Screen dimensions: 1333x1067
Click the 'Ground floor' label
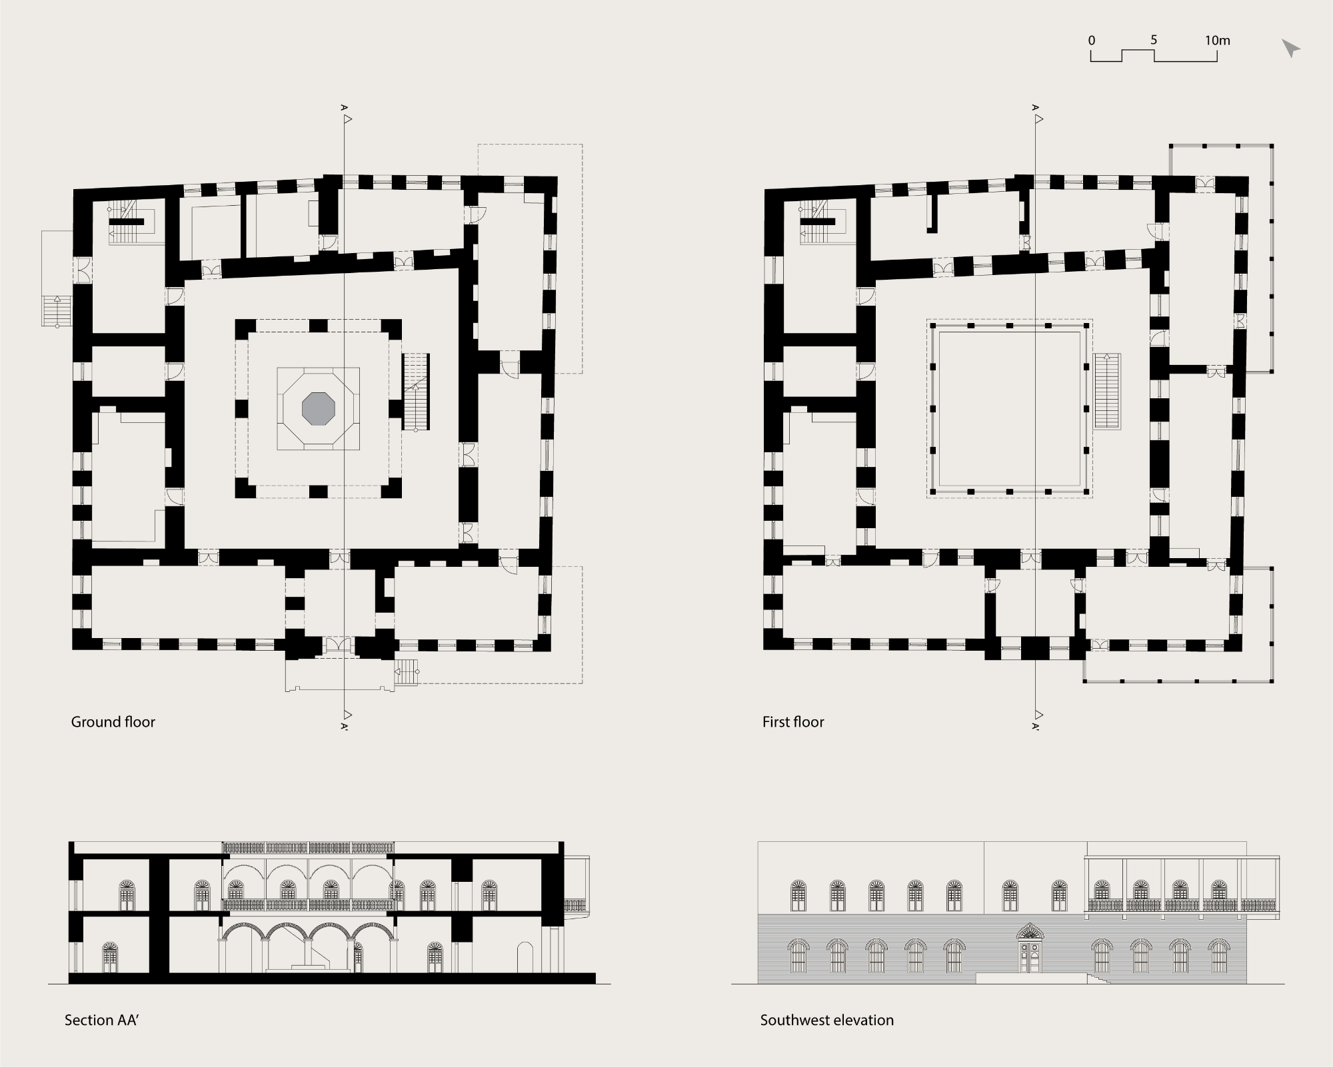(113, 722)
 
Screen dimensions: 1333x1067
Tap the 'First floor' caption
(793, 722)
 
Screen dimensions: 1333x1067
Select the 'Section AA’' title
(101, 1020)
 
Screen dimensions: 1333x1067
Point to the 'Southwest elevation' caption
(826, 1020)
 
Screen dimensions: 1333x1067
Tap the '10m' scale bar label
(1217, 41)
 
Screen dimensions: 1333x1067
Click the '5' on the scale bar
(1154, 40)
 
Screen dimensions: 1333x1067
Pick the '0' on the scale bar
(1092, 41)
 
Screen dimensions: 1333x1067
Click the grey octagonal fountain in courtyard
(319, 408)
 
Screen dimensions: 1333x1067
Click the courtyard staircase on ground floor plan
(416, 392)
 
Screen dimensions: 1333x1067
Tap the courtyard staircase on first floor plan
(1107, 391)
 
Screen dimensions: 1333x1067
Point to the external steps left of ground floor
(56, 311)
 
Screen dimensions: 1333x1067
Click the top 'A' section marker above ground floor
(344, 107)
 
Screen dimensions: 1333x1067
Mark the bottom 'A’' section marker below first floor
(1035, 726)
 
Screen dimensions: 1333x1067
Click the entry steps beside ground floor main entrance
(407, 671)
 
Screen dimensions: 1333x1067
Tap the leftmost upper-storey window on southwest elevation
(798, 896)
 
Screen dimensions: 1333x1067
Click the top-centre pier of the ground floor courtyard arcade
(319, 326)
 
